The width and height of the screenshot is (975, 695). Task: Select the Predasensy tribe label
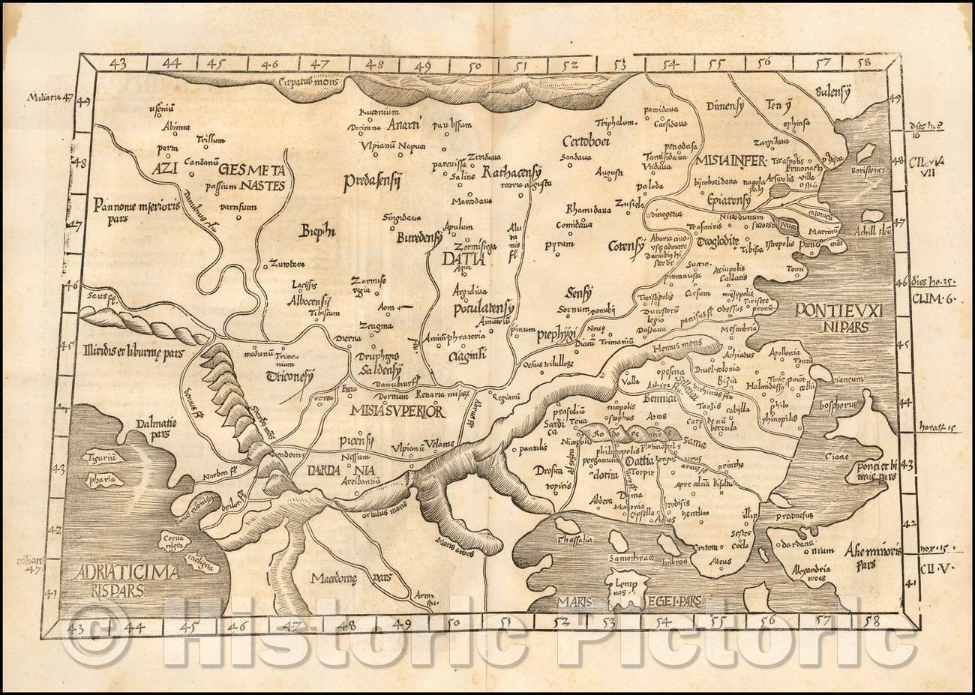pos(373,180)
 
